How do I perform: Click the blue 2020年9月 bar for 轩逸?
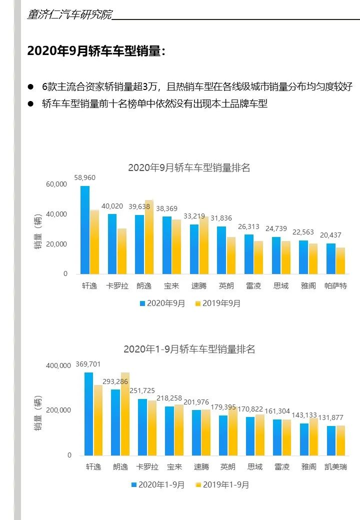[85, 230]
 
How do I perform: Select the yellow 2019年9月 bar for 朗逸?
[149, 237]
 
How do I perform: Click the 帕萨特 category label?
[335, 286]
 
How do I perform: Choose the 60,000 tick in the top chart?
[56, 184]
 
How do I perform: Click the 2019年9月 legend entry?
[217, 303]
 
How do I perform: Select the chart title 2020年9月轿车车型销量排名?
[189, 168]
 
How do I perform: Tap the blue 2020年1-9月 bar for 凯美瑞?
[331, 440]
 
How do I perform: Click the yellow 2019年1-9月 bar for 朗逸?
[125, 414]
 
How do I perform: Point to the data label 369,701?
[88, 364]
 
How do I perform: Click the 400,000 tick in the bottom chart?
[58, 365]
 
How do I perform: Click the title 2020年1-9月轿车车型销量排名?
[189, 349]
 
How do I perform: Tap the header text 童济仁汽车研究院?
[69, 14]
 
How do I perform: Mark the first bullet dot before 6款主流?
[30, 86]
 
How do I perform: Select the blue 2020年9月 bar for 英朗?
[221, 250]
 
